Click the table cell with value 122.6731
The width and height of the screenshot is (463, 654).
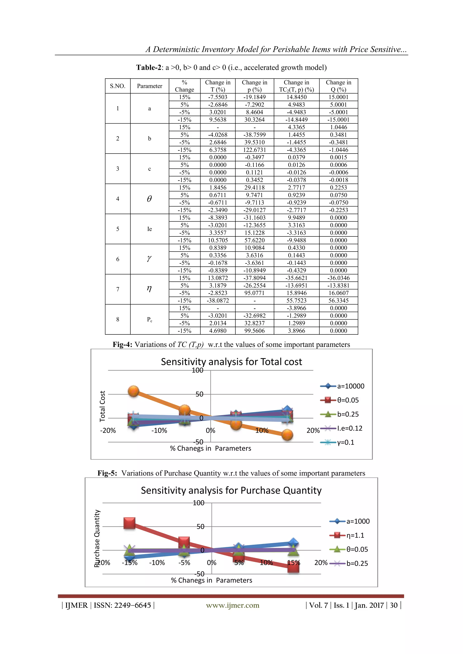tap(254, 150)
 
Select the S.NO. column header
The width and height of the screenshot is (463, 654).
tap(118, 86)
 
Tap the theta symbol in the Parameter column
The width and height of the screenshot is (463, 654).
tap(149, 199)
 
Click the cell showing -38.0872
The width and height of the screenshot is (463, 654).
tap(217, 301)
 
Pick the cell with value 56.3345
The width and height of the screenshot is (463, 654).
tap(338, 301)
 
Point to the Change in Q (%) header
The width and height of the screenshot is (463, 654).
tap(338, 86)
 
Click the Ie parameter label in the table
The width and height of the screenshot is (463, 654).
tap(149, 229)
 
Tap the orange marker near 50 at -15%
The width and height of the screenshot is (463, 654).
tap(133, 391)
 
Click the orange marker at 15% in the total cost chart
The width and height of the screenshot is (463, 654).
tap(287, 435)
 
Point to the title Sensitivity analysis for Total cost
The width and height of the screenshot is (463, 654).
tap(231, 362)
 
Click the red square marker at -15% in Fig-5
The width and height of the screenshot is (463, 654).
tap(130, 523)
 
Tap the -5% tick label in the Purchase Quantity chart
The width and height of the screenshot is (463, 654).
tap(184, 563)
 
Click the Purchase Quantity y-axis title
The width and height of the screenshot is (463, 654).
tap(97, 538)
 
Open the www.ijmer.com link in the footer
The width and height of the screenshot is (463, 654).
tap(233, 605)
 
